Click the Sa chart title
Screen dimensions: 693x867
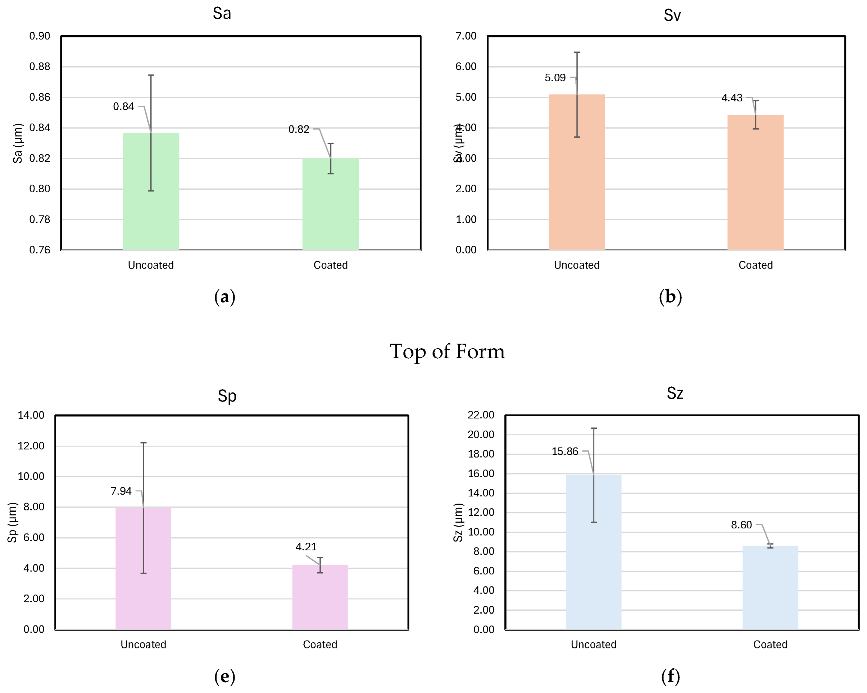[222, 14]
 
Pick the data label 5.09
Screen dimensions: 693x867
[555, 78]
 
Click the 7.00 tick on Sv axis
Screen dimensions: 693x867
[466, 36]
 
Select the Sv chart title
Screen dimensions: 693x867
[672, 15]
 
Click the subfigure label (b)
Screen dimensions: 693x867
[670, 297]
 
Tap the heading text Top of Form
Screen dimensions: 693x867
[447, 352]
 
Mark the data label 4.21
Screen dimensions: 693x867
[306, 547]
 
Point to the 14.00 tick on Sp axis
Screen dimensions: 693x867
[31, 416]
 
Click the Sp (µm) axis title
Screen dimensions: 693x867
[13, 522]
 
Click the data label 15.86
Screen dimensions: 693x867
[564, 451]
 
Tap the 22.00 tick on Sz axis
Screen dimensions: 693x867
[481, 415]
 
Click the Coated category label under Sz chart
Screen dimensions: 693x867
[770, 645]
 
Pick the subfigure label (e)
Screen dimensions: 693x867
[224, 676]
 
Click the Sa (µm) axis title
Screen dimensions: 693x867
[18, 143]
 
